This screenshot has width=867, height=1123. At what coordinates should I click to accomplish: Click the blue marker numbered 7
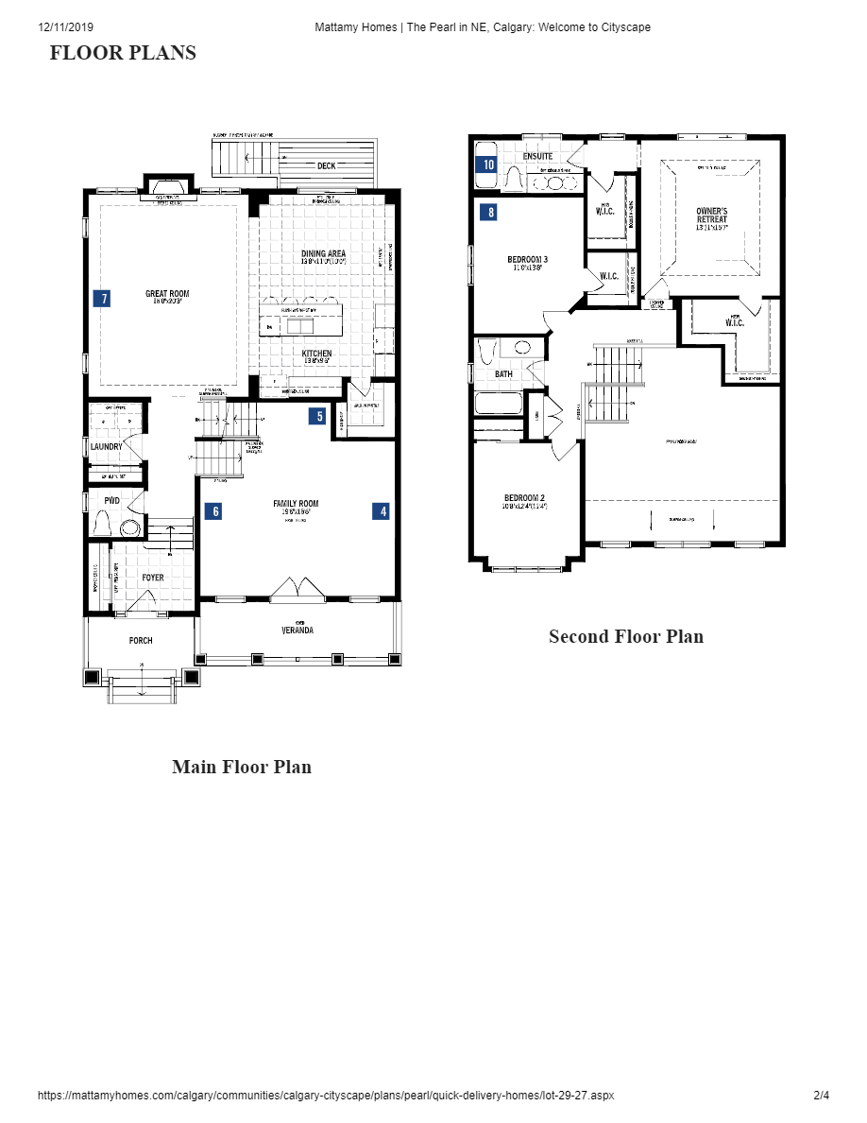(102, 299)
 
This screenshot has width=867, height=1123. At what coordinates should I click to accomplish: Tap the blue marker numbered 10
(488, 164)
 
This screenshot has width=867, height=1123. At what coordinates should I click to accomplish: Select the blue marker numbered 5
(319, 416)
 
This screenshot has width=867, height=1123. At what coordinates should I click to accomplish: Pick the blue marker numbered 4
(382, 511)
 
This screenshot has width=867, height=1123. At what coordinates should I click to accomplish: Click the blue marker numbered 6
(214, 511)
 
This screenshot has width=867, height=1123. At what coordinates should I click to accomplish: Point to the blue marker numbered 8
(488, 213)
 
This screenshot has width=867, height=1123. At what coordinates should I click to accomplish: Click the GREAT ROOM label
(167, 294)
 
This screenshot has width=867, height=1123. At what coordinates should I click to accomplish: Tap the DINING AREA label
(323, 253)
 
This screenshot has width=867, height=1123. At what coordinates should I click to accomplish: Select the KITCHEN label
(316, 354)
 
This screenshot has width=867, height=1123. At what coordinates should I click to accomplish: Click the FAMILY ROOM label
(296, 504)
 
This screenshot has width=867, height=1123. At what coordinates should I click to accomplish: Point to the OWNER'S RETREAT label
(712, 215)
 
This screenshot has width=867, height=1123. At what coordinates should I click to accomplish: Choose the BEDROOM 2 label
(524, 498)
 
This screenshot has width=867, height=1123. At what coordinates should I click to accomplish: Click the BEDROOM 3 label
(528, 259)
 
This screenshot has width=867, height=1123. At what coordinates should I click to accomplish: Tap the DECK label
(326, 166)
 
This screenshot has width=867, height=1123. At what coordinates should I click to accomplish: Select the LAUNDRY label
(106, 447)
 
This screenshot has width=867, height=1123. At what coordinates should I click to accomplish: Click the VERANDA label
(297, 631)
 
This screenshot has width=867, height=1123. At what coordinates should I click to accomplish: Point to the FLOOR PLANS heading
(123, 53)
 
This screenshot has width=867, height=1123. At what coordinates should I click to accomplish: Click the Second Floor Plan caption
(626, 636)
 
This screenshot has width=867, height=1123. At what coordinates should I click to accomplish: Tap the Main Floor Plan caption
(242, 767)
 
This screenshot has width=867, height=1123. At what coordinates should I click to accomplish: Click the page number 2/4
(821, 1096)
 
